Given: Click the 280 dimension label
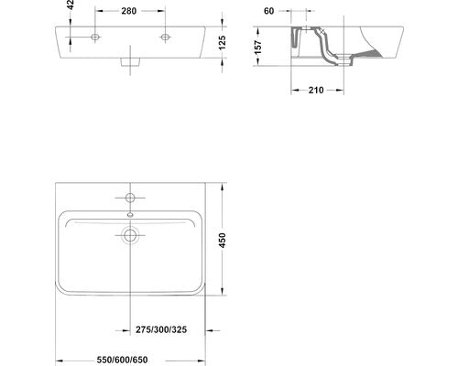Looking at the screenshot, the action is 129,11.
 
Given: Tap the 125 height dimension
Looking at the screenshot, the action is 223,43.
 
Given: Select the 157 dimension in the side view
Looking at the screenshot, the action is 258,47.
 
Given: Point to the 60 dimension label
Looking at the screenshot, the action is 268,11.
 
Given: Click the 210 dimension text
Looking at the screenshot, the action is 316,91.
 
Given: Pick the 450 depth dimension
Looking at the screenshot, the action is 223,241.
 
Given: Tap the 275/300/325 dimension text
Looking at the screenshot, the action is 161,329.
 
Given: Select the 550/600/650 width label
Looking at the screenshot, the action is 122,360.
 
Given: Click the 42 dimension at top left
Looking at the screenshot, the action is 71,5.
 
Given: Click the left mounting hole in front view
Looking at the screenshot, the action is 95,38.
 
